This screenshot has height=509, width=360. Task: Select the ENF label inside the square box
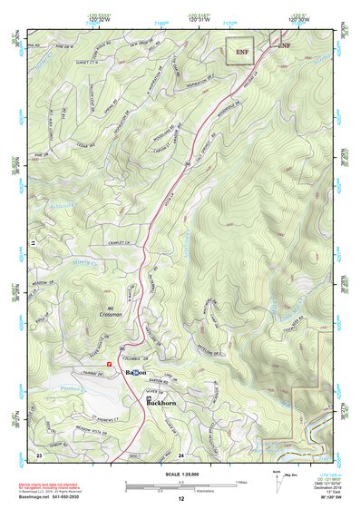241,52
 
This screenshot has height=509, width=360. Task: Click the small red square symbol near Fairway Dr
109,365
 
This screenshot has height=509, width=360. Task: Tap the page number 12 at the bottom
180,499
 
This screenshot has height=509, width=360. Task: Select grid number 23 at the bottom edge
39,454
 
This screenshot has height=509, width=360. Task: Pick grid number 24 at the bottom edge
180,454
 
